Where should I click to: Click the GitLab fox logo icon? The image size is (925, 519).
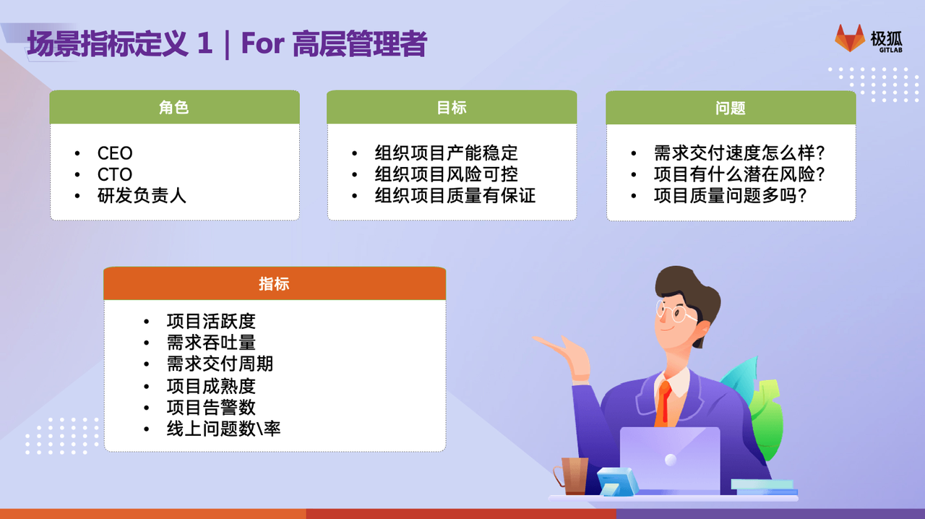850,38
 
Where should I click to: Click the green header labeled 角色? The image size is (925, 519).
174,107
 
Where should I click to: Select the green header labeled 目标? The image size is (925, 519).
452,107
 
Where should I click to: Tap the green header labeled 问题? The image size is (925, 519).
731,108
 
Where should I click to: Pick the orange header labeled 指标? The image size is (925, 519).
275,283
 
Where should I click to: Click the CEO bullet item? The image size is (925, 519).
115,153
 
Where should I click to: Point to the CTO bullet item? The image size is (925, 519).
115,174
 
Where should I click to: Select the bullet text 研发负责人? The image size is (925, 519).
142,195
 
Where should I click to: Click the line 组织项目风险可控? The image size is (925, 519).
447,174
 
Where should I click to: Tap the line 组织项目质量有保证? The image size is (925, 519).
455,195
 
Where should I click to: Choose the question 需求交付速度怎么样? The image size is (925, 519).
739,153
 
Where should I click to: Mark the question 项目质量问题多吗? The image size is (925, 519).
730,195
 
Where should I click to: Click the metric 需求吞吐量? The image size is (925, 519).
211,343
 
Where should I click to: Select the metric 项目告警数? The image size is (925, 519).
211,407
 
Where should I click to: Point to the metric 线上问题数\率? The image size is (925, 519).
223,429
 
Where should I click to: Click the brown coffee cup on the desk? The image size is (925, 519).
572,476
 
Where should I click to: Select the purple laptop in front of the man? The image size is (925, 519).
670,460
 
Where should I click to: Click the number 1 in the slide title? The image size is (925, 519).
205,43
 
